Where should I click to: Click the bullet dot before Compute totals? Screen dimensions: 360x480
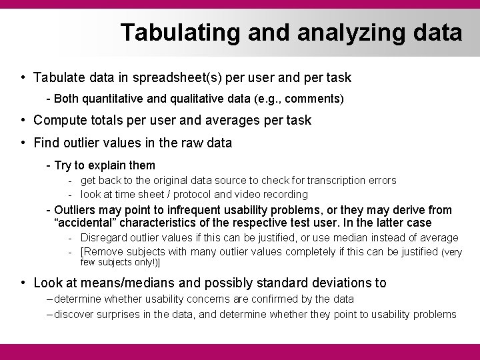tap(23, 120)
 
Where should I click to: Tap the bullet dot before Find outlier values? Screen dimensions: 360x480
tap(23, 142)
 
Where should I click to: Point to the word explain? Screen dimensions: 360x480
tap(110, 165)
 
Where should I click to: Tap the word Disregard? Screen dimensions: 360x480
tap(104, 237)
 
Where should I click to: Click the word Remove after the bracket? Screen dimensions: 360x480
tap(102, 251)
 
